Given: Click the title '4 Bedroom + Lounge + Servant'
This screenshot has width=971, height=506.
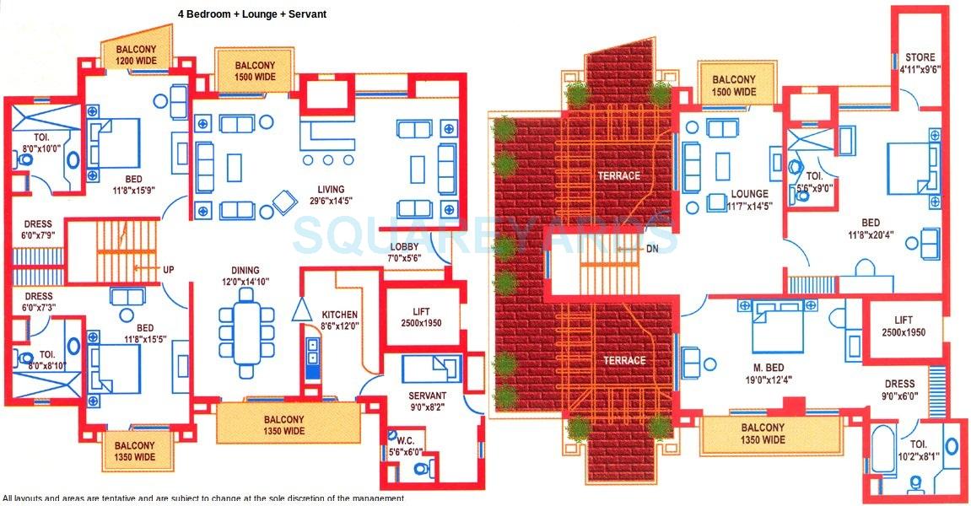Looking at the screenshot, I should [252, 14].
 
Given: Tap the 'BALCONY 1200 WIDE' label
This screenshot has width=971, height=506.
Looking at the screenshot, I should [135, 55].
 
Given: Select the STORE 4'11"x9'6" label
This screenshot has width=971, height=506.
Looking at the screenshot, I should [919, 64].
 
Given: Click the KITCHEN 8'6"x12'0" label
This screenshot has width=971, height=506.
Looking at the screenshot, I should [338, 320].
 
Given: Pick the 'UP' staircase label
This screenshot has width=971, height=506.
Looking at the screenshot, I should [169, 270].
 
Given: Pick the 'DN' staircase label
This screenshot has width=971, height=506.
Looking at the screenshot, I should [628, 249].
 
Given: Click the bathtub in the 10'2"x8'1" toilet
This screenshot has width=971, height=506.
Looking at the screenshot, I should [882, 452].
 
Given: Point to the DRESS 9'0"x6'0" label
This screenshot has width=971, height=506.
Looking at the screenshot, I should [900, 390].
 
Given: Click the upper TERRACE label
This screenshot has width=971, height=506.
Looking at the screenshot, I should [618, 176].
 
